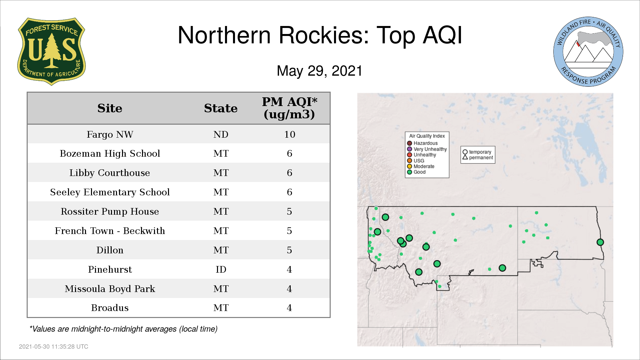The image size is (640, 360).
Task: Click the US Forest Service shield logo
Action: click(51, 52)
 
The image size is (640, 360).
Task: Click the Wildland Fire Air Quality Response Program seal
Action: click(588, 52)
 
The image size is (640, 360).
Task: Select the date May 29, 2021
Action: click(319, 71)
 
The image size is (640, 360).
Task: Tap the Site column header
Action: click(110, 108)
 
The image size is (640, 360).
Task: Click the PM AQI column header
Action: click(289, 108)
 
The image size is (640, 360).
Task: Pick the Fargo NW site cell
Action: click(110, 134)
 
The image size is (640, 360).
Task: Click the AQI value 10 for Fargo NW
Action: click(289, 134)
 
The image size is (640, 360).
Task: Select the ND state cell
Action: click(221, 134)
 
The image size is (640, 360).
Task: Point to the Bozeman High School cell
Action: click(110, 154)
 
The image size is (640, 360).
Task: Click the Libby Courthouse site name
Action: click(110, 173)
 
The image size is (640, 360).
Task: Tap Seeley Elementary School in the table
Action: click(110, 192)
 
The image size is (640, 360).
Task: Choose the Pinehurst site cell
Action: click(110, 269)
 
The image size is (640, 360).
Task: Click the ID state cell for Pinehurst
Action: click(221, 269)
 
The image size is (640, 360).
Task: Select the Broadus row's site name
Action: click(110, 308)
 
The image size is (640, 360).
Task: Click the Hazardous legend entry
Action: click(422, 143)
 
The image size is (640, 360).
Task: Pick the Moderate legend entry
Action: click(421, 166)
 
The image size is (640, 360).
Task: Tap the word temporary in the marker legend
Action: click(480, 152)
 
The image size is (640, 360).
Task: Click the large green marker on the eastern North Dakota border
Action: click(600, 242)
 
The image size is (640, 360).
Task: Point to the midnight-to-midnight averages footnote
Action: click(123, 329)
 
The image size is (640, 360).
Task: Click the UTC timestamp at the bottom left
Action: click(54, 347)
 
